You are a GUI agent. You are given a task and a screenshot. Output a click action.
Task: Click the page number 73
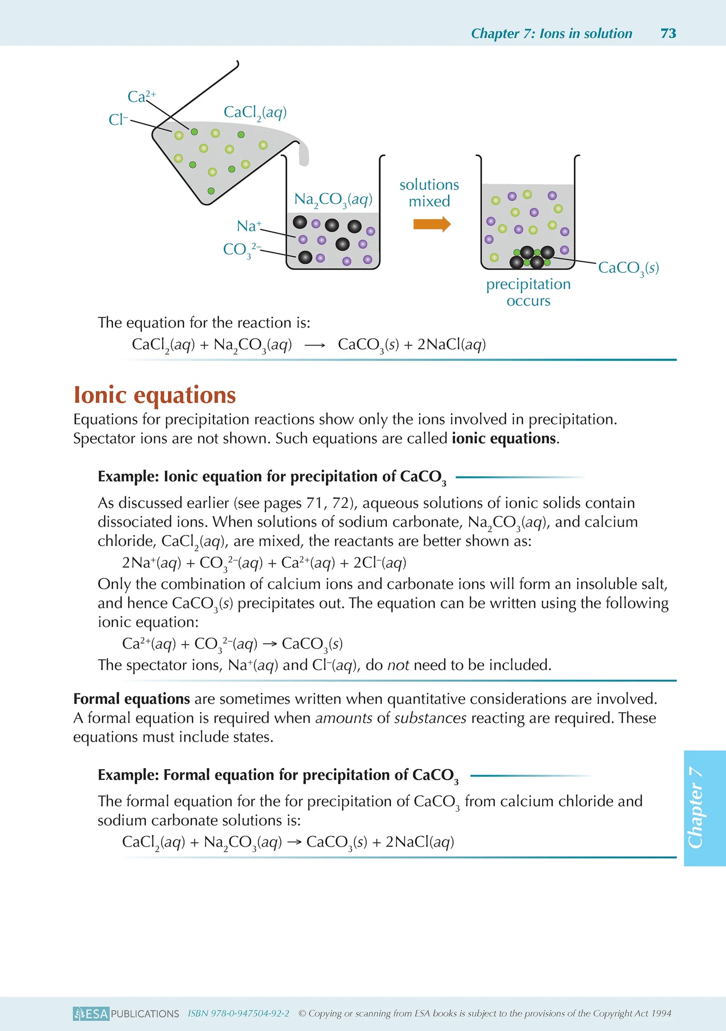click(668, 33)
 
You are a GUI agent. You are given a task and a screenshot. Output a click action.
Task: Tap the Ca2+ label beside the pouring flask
click(141, 96)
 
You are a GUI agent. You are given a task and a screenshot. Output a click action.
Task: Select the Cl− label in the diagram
click(119, 120)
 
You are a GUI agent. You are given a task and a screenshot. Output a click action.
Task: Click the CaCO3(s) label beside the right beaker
click(628, 268)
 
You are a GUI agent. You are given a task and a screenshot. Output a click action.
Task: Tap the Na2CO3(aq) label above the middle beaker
click(333, 199)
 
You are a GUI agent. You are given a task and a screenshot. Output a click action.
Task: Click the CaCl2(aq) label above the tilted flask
click(255, 113)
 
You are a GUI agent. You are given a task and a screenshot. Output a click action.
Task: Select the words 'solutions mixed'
click(429, 193)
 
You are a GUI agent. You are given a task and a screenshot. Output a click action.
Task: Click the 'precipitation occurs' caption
click(528, 292)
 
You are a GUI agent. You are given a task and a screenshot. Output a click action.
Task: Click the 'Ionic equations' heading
click(155, 395)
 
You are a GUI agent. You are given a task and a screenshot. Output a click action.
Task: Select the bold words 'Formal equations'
click(132, 699)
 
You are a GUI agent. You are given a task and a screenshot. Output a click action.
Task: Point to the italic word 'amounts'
click(344, 718)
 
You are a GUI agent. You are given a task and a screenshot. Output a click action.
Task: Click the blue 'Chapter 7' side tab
click(704, 808)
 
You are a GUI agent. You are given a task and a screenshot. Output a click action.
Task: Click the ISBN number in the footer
click(239, 1013)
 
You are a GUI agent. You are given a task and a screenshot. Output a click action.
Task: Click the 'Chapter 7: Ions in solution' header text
click(551, 33)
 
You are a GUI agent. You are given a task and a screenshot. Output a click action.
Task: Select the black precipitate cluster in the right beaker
click(531, 257)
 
